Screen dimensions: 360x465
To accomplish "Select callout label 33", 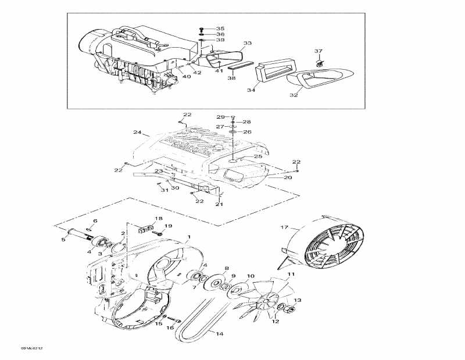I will [248, 43].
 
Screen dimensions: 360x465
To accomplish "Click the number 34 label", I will [251, 90].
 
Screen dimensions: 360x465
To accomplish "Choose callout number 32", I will [294, 95].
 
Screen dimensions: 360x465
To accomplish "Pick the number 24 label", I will [137, 132].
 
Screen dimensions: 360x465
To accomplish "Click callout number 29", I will [220, 117].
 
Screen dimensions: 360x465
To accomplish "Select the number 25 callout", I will [257, 156].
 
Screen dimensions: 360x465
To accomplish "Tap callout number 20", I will [288, 177].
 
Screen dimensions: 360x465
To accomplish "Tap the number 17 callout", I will [285, 227].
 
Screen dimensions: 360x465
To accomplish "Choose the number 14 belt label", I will [219, 334].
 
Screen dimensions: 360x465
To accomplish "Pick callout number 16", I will [170, 327].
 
